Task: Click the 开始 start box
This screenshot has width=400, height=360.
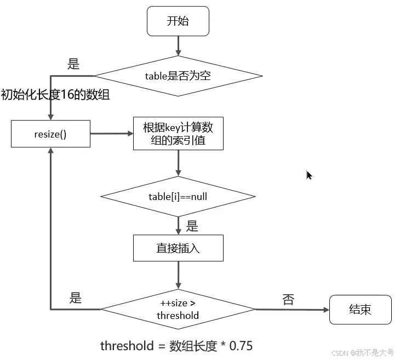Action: click(178, 21)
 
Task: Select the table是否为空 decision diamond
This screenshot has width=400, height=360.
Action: click(178, 76)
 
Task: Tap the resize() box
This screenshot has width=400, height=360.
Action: click(51, 134)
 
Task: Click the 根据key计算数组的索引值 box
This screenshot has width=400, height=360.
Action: click(178, 134)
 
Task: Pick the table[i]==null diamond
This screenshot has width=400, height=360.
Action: click(178, 196)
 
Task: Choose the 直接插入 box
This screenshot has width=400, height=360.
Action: click(178, 248)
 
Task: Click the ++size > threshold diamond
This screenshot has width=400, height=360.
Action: click(178, 310)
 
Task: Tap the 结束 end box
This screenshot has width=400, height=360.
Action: click(360, 310)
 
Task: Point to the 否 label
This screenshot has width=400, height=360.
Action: click(288, 300)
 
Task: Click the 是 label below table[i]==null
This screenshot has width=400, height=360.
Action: click(192, 225)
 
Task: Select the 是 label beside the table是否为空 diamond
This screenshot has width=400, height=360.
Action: click(73, 64)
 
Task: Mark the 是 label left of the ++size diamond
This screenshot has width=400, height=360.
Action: click(75, 298)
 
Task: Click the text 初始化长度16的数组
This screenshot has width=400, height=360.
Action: click(55, 95)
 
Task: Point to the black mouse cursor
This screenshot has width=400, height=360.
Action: click(308, 175)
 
